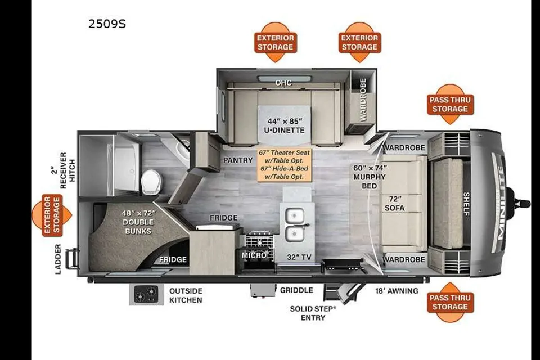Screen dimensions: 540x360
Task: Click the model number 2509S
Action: pos(107,24)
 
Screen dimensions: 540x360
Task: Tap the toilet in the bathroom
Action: pos(151,181)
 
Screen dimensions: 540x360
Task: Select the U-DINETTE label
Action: pos(285,130)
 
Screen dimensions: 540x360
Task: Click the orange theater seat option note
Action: pos(285,165)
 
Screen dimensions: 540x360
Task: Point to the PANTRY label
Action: pos(238,160)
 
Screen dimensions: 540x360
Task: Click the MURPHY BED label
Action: pos(370,177)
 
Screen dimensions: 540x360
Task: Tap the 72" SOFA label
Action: pos(395,204)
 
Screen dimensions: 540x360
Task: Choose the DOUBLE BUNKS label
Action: pos(138,222)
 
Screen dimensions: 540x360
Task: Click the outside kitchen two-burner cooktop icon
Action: pos(146,295)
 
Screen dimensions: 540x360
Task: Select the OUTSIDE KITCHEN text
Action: pos(186,295)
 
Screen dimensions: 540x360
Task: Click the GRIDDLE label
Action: pos(296,290)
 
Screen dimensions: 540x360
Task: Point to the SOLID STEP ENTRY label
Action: pos(313,313)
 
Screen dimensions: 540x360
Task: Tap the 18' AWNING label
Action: pos(397,291)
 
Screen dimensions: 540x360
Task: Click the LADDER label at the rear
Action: pos(58,259)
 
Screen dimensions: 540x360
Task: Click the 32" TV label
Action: pos(299,257)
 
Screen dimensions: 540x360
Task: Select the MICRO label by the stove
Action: pos(254,255)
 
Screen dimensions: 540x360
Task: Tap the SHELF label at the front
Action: pos(466,204)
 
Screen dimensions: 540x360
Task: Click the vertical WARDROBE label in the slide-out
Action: pos(363,100)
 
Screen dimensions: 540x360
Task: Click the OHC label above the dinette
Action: pos(283,83)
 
